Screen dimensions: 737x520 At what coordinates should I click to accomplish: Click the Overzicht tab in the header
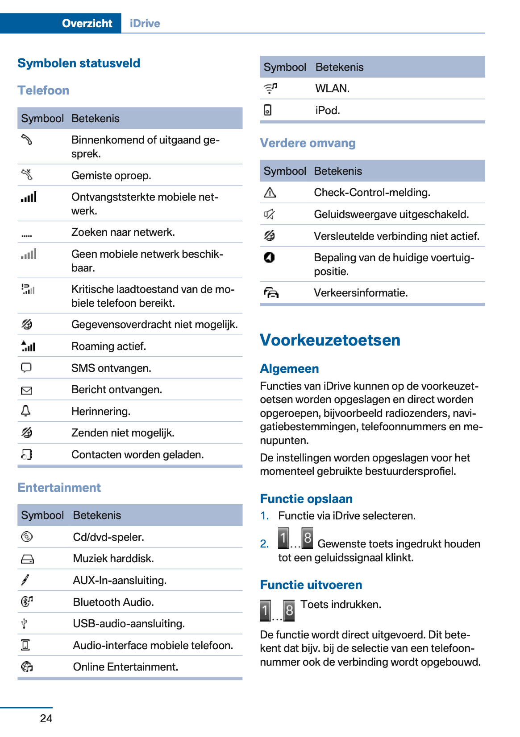pos(87,24)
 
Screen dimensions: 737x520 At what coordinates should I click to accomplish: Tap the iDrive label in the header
pos(145,24)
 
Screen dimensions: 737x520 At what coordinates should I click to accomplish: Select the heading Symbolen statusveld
pos(79,63)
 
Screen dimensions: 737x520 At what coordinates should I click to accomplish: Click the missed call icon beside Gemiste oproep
pos(27,175)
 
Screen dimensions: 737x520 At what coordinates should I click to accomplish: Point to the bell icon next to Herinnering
pos(26,411)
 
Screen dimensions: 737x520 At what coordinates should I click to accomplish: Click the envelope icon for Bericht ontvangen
pos(26,391)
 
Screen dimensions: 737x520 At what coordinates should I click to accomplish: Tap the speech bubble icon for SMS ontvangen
pos(26,367)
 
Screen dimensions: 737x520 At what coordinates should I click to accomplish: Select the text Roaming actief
pos(108,346)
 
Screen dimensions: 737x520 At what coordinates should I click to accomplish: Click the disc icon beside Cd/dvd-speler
pos(26,537)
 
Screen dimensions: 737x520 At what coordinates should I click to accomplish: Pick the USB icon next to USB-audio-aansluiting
pos(25,623)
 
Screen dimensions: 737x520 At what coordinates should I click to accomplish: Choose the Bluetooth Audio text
pos(113,602)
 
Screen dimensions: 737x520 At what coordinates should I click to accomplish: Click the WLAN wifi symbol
pos(270,88)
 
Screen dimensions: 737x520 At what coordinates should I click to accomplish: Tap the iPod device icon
pos(267,110)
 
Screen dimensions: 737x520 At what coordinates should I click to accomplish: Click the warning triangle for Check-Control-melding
pos(270,193)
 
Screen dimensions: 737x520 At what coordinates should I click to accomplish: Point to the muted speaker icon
pos(269,214)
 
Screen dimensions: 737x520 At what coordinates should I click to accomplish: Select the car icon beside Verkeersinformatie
pos(271,293)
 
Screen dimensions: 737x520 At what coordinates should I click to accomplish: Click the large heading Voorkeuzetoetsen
pos(330,340)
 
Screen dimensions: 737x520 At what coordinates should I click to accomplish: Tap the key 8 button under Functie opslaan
pos(307,538)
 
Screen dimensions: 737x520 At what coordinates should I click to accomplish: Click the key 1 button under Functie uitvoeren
pos(265,610)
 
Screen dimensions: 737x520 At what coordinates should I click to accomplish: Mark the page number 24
pos(46,718)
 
